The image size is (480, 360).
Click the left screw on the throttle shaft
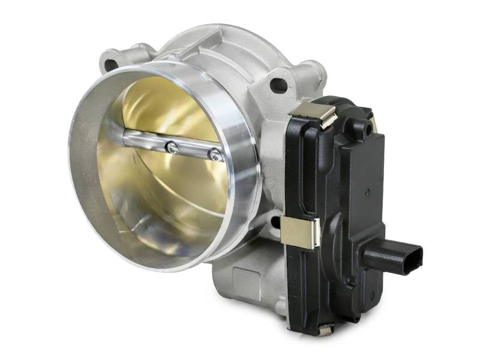[173, 147]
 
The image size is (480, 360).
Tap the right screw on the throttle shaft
[214, 155]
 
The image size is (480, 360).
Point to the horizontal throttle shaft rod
[150, 141]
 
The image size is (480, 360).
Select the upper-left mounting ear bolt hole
[111, 62]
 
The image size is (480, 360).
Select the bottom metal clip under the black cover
[325, 329]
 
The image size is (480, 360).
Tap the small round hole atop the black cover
[359, 128]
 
